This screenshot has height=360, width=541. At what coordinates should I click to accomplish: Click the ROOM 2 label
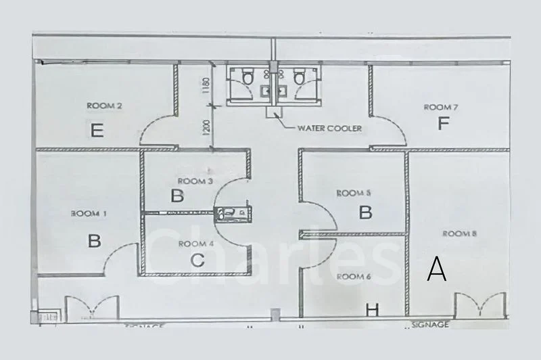pos(104,106)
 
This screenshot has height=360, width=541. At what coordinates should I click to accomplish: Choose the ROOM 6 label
pos(354,276)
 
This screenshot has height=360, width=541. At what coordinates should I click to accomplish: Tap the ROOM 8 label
pos(460,233)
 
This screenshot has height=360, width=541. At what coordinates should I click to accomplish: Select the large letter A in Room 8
pos(437,271)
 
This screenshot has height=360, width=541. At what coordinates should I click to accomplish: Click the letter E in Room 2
pos(97,129)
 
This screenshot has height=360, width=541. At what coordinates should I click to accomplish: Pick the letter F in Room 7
pos(444,124)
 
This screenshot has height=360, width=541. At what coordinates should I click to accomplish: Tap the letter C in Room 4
pos(197,260)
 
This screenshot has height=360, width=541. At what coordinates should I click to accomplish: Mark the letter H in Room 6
pos(371,310)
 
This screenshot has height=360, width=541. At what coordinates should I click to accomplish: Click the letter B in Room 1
pos(94,240)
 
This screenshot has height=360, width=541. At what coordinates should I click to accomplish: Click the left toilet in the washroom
pos(248,78)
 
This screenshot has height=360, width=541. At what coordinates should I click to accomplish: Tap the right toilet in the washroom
pos(299,78)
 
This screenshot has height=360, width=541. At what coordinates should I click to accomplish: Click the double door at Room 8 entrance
pos(481,305)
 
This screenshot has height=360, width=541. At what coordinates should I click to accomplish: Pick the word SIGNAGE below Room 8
pos(430,325)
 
